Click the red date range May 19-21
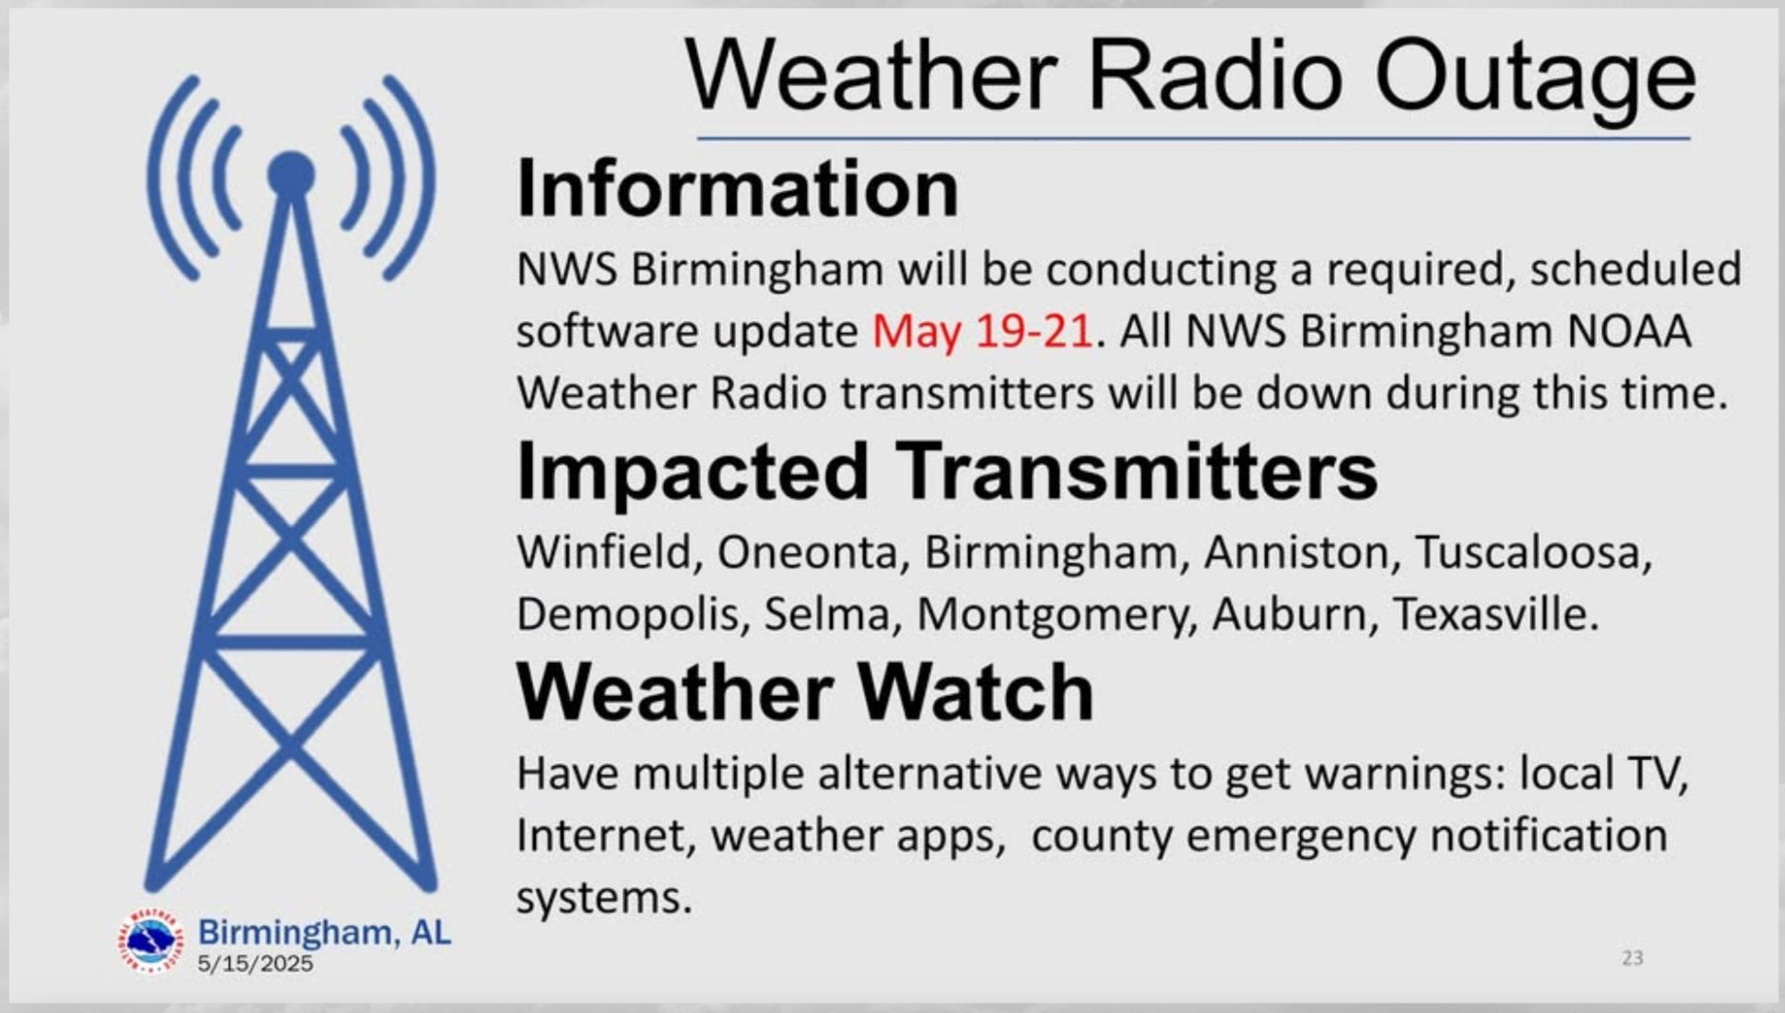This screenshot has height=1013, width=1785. tap(981, 332)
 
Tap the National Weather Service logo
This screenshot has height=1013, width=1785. tap(150, 941)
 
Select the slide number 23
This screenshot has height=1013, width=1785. tap(1633, 958)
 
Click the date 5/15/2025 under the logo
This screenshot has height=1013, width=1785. tap(256, 963)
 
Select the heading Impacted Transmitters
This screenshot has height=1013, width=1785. tap(947, 471)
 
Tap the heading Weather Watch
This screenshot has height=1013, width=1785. tap(805, 693)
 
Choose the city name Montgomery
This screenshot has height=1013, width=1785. tap(1057, 616)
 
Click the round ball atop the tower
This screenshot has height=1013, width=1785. tap(291, 174)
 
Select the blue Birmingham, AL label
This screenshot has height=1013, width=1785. tap(325, 932)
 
